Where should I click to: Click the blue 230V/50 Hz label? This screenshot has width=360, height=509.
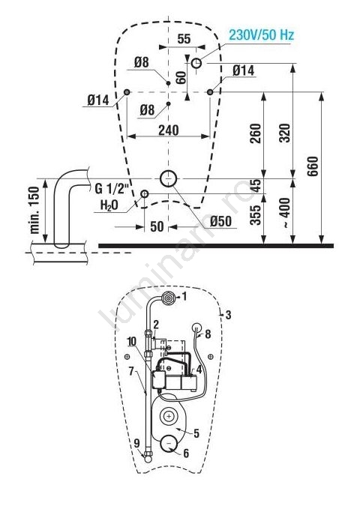pos(261,34)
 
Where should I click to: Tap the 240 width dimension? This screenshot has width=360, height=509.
pos(169,130)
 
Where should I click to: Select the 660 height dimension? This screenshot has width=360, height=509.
pos(313,166)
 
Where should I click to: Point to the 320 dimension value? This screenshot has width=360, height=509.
pos(284,133)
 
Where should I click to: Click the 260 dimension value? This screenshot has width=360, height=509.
pos(256,133)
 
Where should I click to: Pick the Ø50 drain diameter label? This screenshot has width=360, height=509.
pos(220,222)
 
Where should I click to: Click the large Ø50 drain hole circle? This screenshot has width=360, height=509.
pos(168,178)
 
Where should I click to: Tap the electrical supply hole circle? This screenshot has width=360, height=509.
pos(196,63)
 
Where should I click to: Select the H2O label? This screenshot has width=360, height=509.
pos(109,205)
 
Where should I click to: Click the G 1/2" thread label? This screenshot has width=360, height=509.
pos(112,189)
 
